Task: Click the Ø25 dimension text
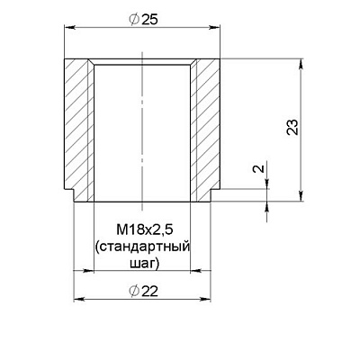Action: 142,20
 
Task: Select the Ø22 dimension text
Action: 142,291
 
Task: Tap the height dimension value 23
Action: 292,127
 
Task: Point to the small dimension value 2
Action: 259,168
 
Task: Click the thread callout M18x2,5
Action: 141,230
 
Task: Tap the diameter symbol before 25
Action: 133,20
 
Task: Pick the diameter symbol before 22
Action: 133,291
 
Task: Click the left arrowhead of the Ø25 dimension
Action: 69,28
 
